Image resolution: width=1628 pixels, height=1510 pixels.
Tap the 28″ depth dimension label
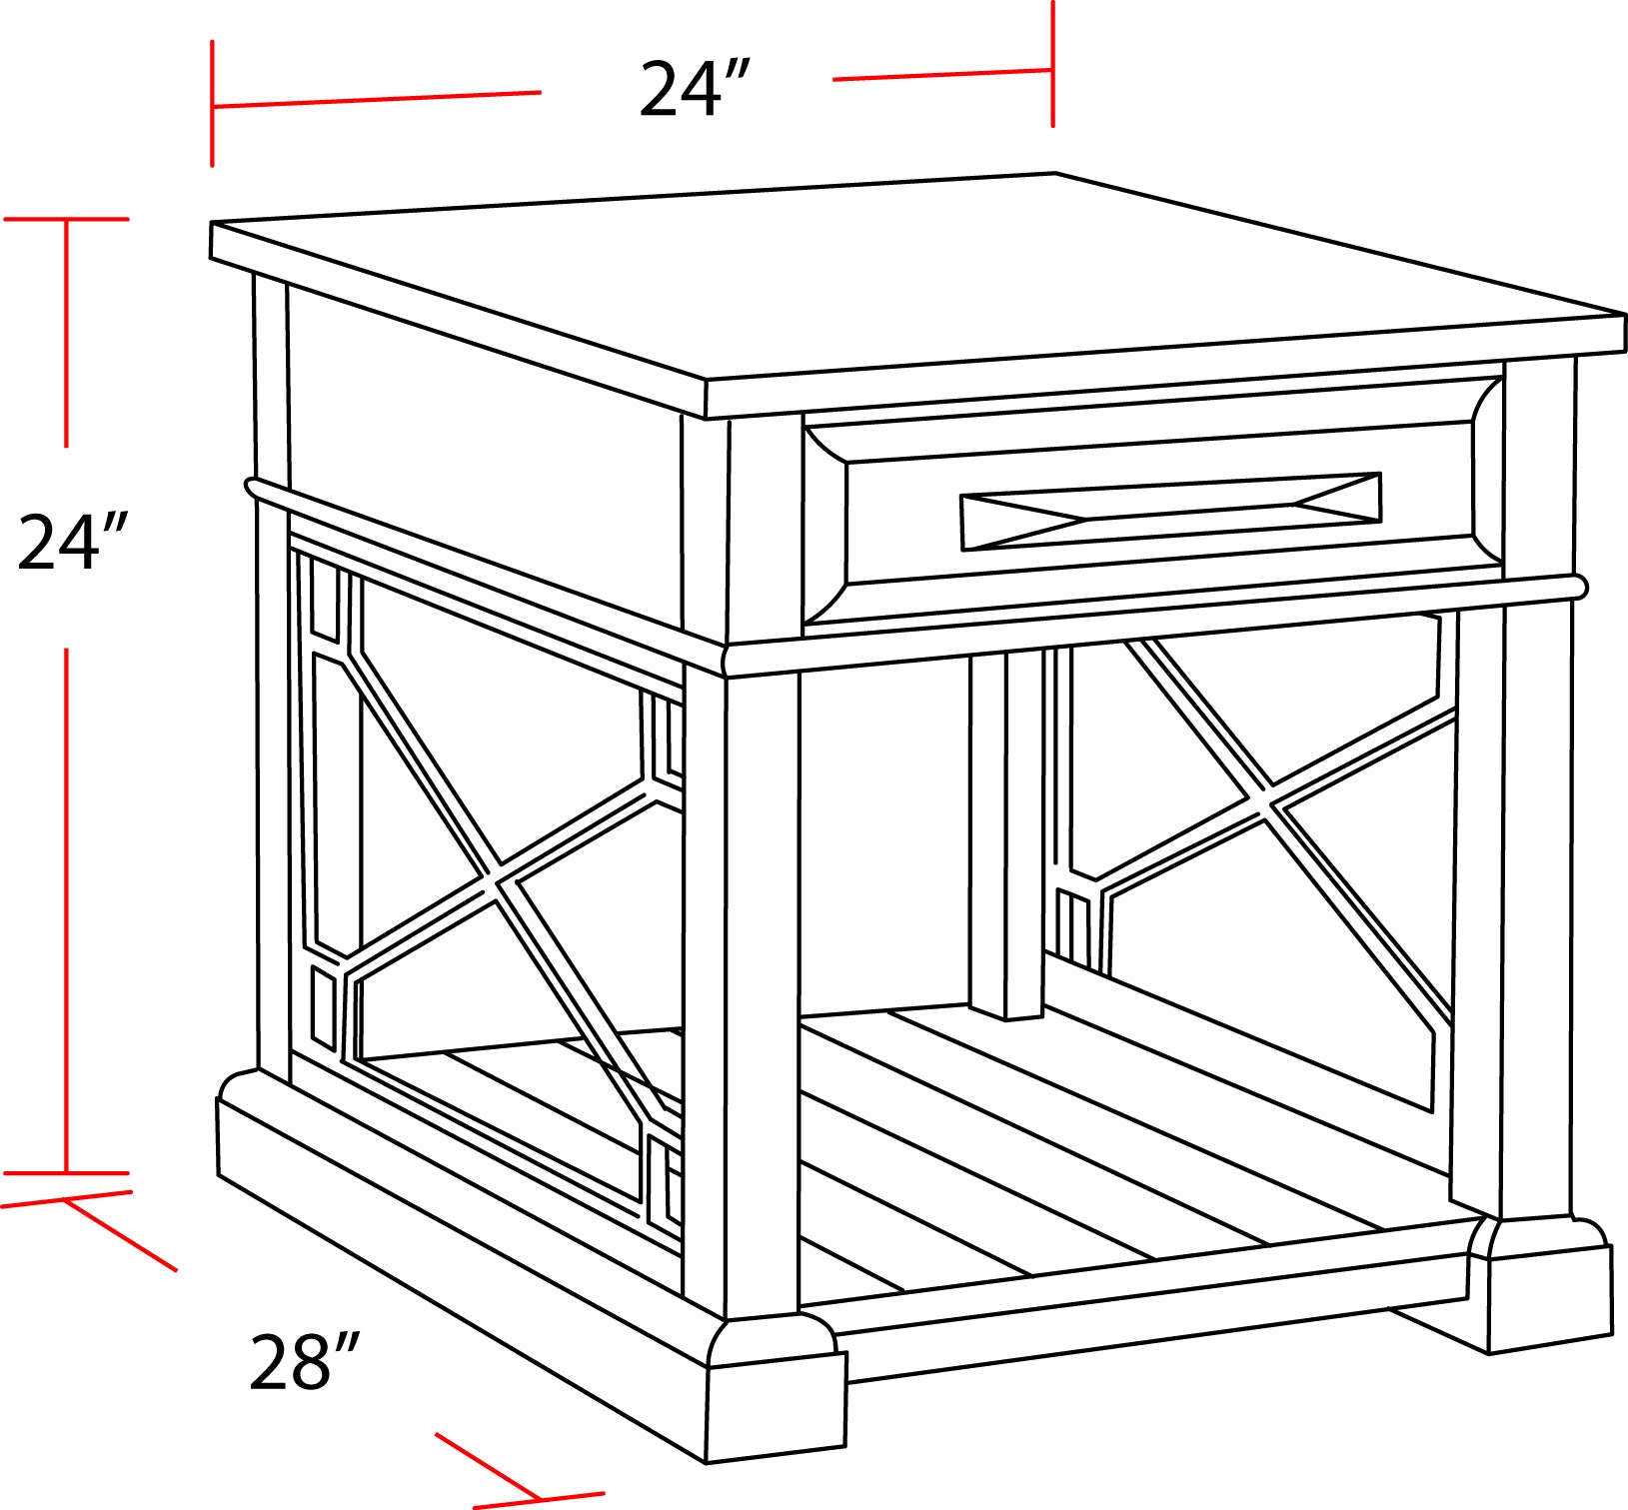[x=303, y=1361]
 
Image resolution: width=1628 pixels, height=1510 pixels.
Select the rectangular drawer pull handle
[x=1170, y=511]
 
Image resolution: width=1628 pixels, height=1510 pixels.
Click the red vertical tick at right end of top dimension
[x=1052, y=64]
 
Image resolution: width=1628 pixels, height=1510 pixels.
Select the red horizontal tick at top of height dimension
[x=67, y=219]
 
